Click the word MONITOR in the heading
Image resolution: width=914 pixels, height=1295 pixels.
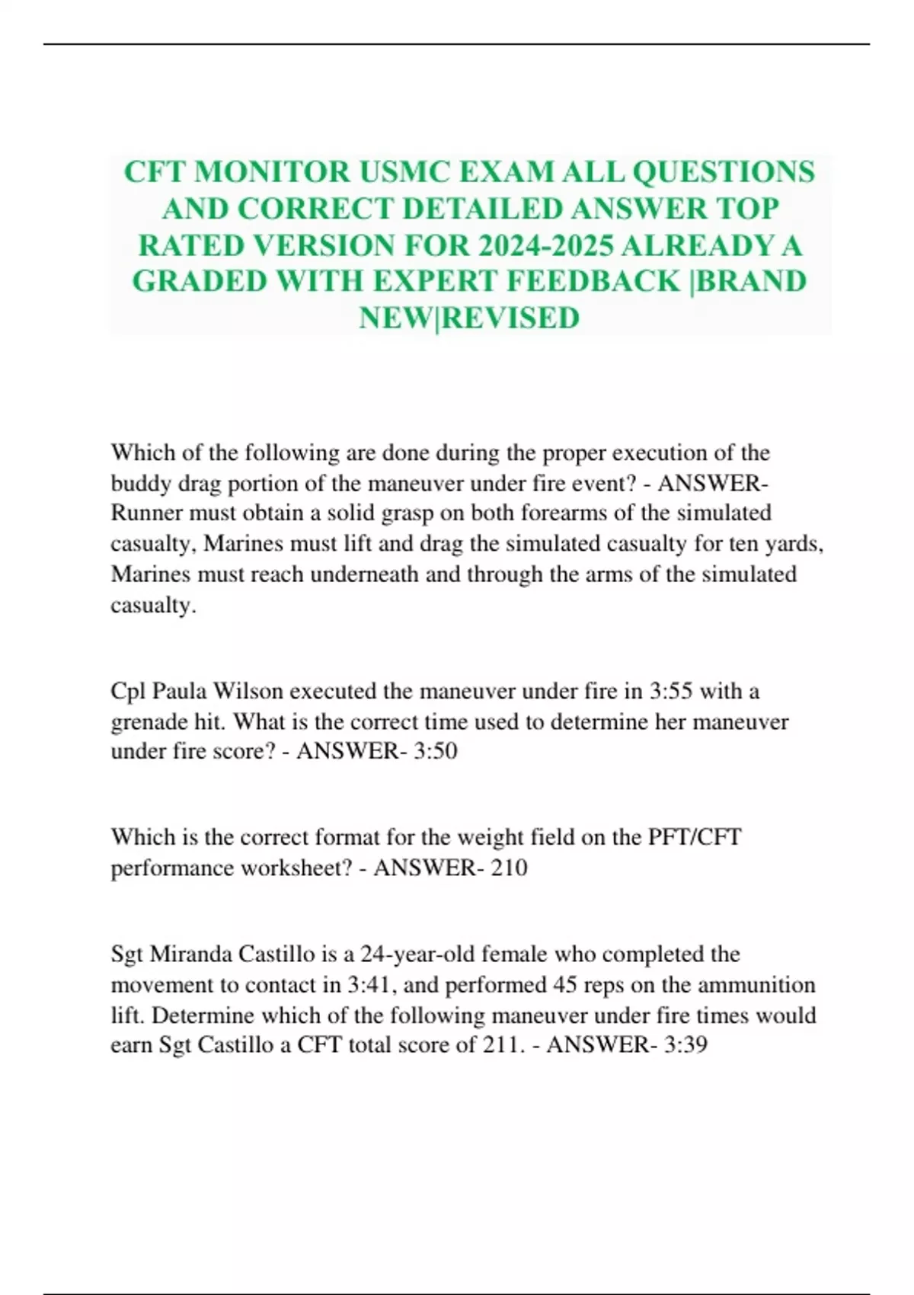tap(272, 172)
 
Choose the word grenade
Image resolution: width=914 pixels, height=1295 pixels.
tap(147, 721)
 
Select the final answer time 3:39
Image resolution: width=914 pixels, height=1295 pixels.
tap(685, 1044)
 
